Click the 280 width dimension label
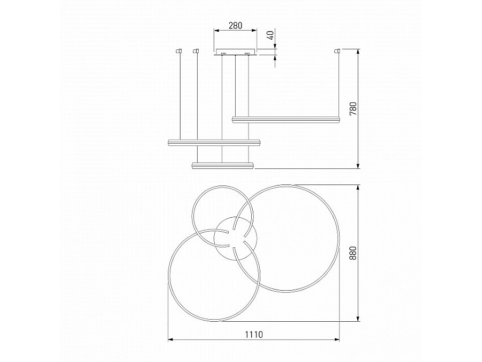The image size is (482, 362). pyautogui.click(x=236, y=25)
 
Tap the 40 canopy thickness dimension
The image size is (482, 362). pyautogui.click(x=272, y=35)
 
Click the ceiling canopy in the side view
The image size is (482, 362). pyautogui.click(x=236, y=52)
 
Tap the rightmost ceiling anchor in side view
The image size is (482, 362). pyautogui.click(x=337, y=51)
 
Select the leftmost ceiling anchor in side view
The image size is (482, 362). pyautogui.click(x=179, y=51)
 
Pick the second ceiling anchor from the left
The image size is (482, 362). pyautogui.click(x=196, y=51)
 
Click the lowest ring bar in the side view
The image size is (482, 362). pyautogui.click(x=222, y=165)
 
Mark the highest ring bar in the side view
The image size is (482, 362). pyautogui.click(x=286, y=119)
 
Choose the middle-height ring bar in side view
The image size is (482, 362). pyautogui.click(x=214, y=142)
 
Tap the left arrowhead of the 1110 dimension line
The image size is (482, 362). pyautogui.click(x=171, y=339)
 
